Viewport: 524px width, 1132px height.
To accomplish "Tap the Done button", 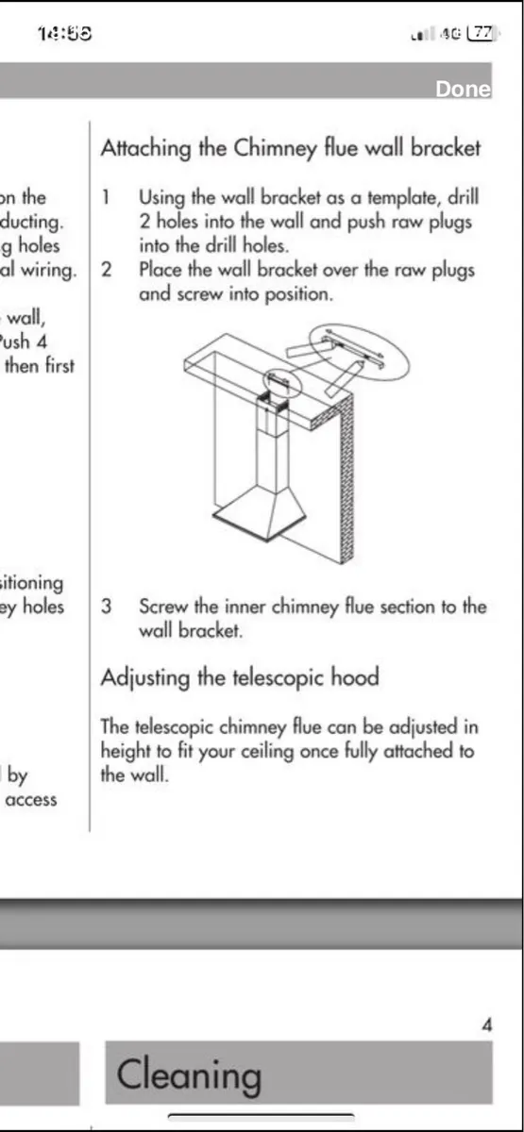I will (x=463, y=90).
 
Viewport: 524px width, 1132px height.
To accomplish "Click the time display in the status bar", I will (x=64, y=34).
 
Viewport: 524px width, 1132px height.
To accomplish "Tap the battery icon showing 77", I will (x=482, y=33).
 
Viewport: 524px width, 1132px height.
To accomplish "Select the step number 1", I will (x=107, y=198).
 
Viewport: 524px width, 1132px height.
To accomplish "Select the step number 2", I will (x=107, y=269).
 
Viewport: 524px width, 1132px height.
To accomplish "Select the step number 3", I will (x=107, y=607).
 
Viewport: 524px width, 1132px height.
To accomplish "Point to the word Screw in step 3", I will (x=163, y=607).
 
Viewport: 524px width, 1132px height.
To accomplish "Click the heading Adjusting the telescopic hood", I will (x=240, y=677).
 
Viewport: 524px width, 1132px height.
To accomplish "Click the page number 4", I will (x=486, y=1025).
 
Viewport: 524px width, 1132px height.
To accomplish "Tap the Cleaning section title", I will (x=189, y=1074).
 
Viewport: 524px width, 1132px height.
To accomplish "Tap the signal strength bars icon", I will (x=421, y=35).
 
